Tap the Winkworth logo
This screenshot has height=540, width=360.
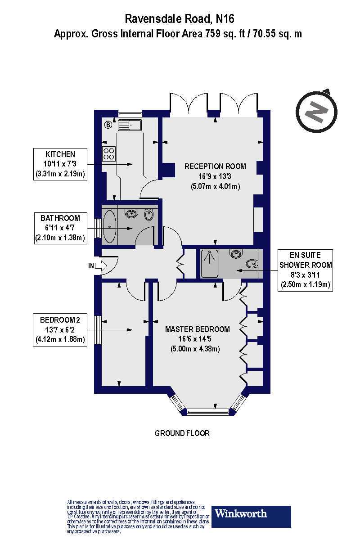(251, 516)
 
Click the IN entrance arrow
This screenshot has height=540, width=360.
(100, 266)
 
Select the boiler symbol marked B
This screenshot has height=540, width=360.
(108, 125)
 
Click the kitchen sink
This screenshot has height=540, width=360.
(130, 125)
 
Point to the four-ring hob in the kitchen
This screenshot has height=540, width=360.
(109, 154)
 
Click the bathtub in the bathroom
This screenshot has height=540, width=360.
(110, 227)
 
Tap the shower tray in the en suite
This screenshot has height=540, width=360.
(209, 264)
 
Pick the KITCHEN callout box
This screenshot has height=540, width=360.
(60, 164)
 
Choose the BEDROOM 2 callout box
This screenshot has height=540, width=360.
(60, 330)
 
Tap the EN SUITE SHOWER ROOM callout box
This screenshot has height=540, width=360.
(306, 270)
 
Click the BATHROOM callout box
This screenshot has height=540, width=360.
(60, 228)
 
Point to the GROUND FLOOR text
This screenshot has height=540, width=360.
(182, 433)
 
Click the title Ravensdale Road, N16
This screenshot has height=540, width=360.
(180, 19)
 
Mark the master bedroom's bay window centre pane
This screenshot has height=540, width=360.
(208, 411)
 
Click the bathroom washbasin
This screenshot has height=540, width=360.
(131, 213)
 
